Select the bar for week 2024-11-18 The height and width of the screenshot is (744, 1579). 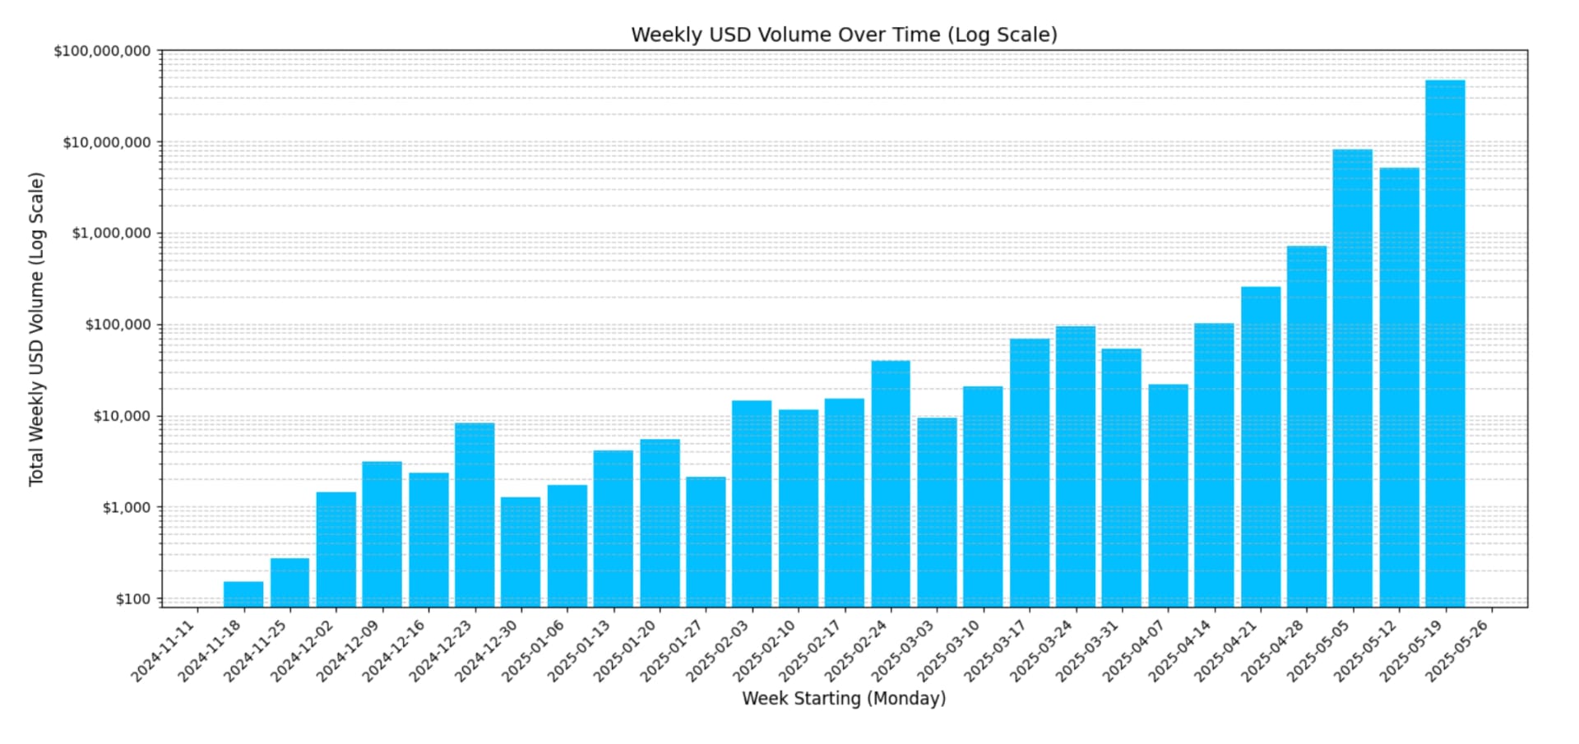[x=243, y=594]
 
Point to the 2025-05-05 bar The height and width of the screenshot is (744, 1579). [x=1352, y=378]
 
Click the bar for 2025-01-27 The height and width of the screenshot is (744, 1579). [x=706, y=542]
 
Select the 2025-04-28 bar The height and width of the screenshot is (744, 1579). [x=1306, y=427]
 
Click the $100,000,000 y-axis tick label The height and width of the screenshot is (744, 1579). [x=102, y=51]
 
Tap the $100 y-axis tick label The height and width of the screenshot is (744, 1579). [x=133, y=598]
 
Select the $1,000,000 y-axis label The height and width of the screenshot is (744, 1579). [x=111, y=233]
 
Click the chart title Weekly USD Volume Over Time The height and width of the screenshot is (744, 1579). [x=844, y=35]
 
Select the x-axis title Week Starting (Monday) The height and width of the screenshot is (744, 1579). [x=844, y=698]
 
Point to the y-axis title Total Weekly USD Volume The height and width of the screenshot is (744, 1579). [x=36, y=329]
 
